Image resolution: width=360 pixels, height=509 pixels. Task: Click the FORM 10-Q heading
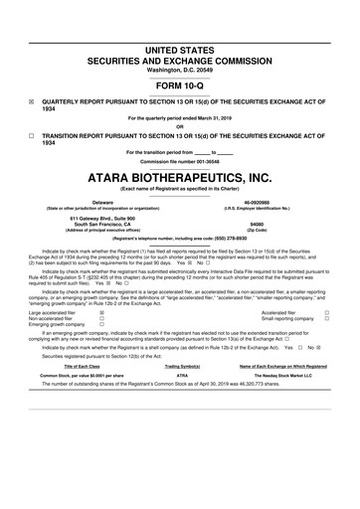(x=180, y=84)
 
